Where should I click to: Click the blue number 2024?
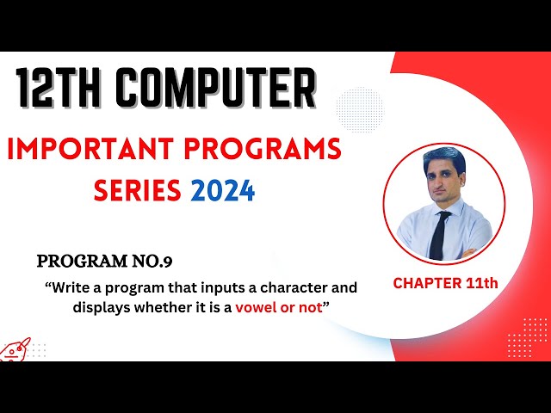tap(223, 189)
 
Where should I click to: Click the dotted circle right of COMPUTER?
tap(359, 108)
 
